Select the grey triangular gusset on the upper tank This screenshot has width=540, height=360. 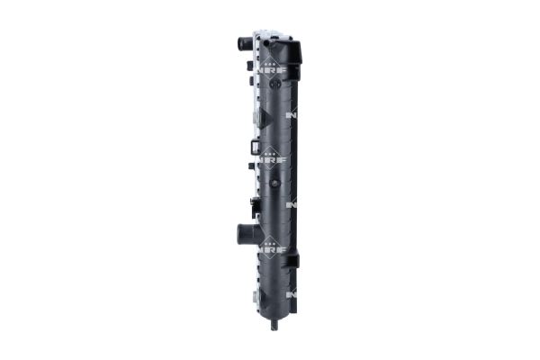point(258,118)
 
